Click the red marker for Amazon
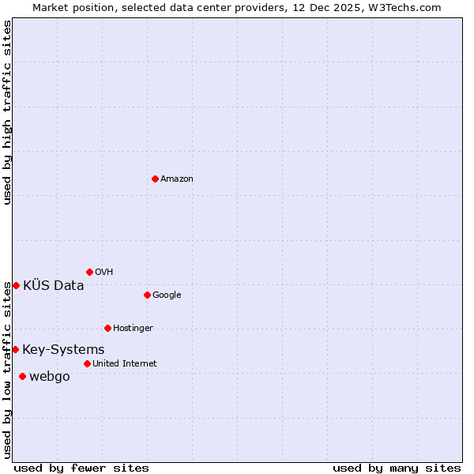[x=155, y=179]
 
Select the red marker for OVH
[x=89, y=272]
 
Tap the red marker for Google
[x=147, y=295]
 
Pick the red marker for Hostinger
[x=107, y=328]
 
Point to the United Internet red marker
[x=87, y=363]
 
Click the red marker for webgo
[x=22, y=376]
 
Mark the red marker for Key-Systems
[x=15, y=349]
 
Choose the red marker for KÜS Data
[x=16, y=285]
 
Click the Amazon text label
[x=177, y=179]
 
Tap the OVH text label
[x=104, y=273]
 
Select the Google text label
[x=167, y=295]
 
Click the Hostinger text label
[x=133, y=329]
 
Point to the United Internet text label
[x=124, y=364]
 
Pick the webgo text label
[x=49, y=377]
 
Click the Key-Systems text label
[x=63, y=350]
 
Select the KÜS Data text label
[x=53, y=286]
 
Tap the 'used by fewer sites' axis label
[x=81, y=468]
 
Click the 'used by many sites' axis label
[x=397, y=468]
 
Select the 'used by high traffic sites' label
[x=7, y=112]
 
